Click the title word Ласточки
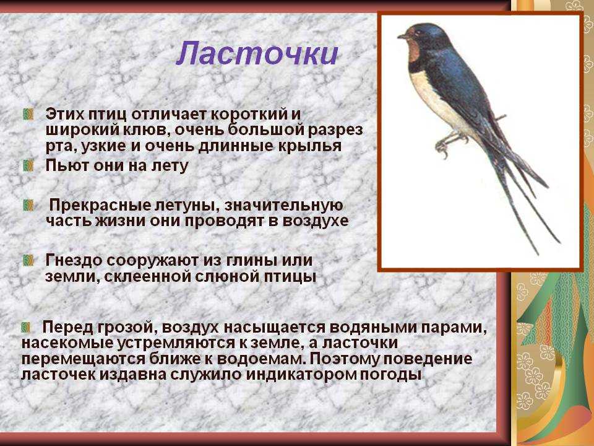[257, 53]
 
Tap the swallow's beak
[402, 37]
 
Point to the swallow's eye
[416, 33]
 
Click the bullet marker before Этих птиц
[28, 114]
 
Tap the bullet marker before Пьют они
[28, 165]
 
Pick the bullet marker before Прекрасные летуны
[28, 205]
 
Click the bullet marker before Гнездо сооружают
[28, 261]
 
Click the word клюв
[144, 130]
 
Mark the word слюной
[222, 276]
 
